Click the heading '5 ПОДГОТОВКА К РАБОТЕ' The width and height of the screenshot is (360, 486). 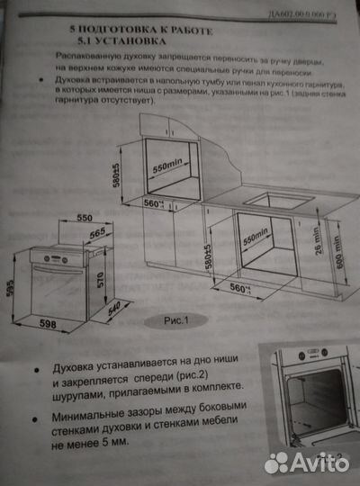coord(144,30)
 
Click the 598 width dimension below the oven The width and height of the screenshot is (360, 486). coord(51,325)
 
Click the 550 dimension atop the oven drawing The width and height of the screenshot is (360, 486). coord(85,219)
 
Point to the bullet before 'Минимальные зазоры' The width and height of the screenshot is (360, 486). coord(33,417)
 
